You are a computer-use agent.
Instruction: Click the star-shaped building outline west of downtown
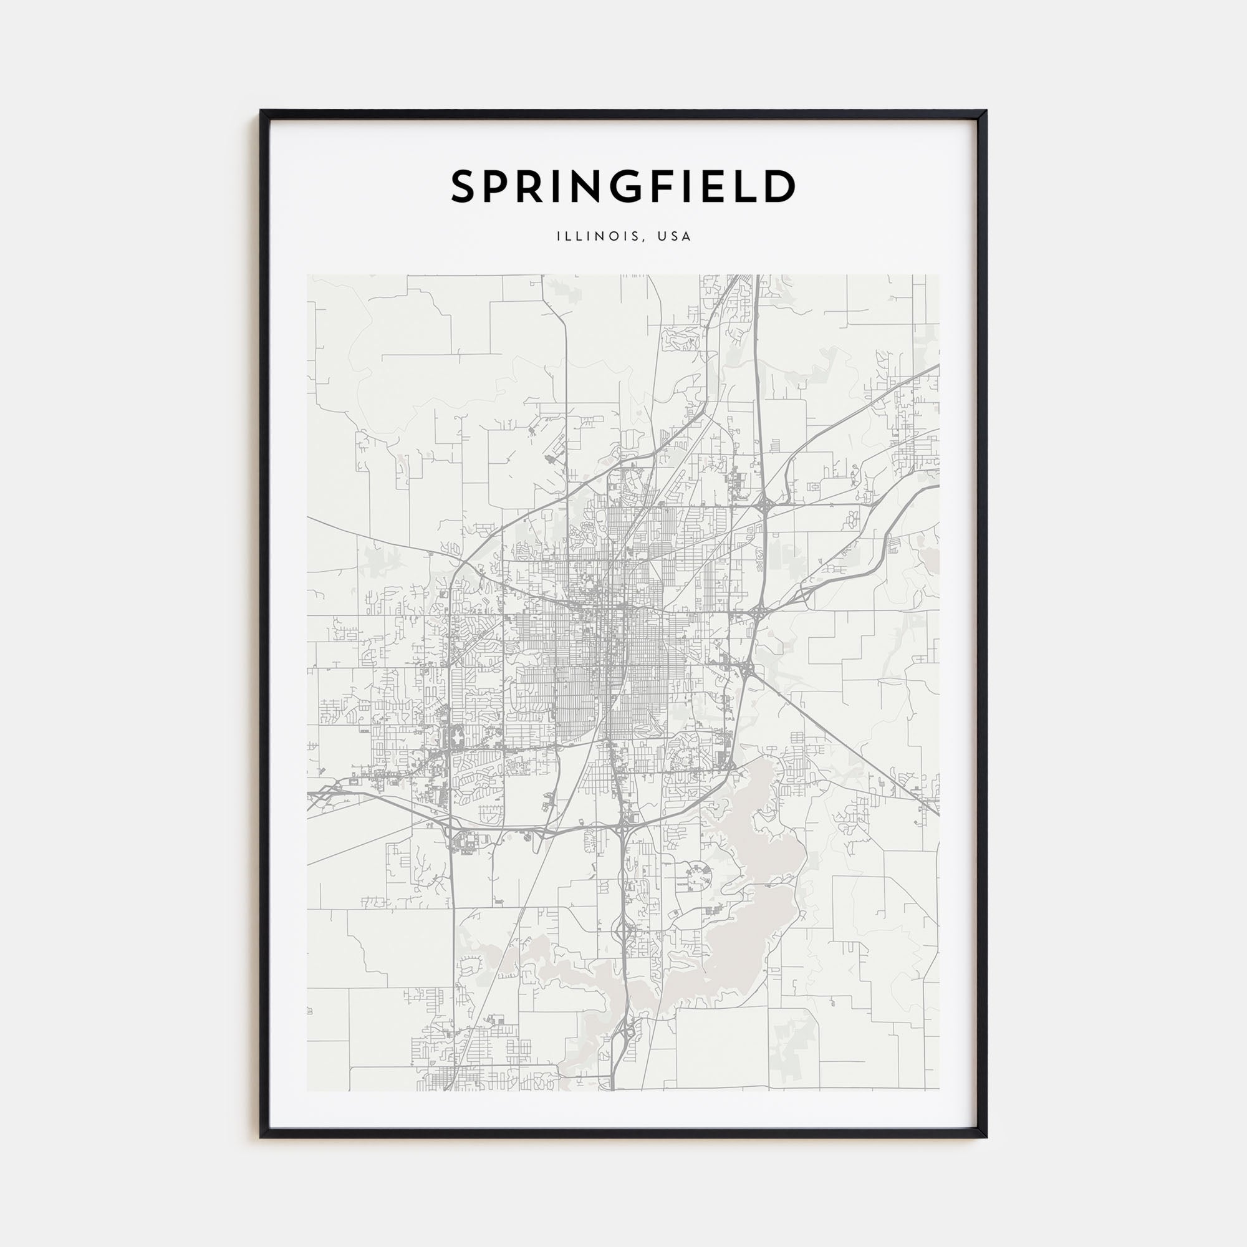click(457, 735)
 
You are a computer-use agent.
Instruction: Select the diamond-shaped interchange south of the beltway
click(623, 931)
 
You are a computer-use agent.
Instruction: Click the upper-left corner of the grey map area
click(308, 276)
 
